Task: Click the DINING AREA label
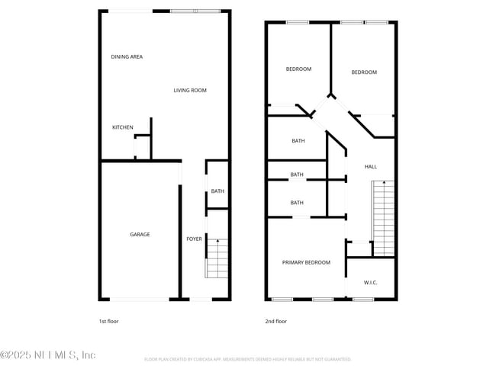pyautogui.click(x=127, y=57)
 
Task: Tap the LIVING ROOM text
pyautogui.click(x=190, y=91)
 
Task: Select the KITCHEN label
pyautogui.click(x=123, y=127)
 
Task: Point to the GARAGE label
pyautogui.click(x=140, y=235)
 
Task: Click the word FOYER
pyautogui.click(x=195, y=239)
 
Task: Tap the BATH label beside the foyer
pyautogui.click(x=217, y=191)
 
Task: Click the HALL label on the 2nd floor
pyautogui.click(x=370, y=167)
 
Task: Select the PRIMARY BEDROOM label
pyautogui.click(x=306, y=262)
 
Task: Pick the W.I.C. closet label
pyautogui.click(x=370, y=283)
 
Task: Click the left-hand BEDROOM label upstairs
pyautogui.click(x=298, y=69)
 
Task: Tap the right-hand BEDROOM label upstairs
pyautogui.click(x=364, y=72)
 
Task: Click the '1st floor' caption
pyautogui.click(x=109, y=321)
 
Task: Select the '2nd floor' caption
pyautogui.click(x=275, y=321)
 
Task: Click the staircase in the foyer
pyautogui.click(x=217, y=259)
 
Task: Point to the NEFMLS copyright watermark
pyautogui.click(x=48, y=355)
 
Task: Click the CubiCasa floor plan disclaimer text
pyautogui.click(x=248, y=358)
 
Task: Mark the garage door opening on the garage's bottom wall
pyautogui.click(x=140, y=299)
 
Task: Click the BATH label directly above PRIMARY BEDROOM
pyautogui.click(x=297, y=203)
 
